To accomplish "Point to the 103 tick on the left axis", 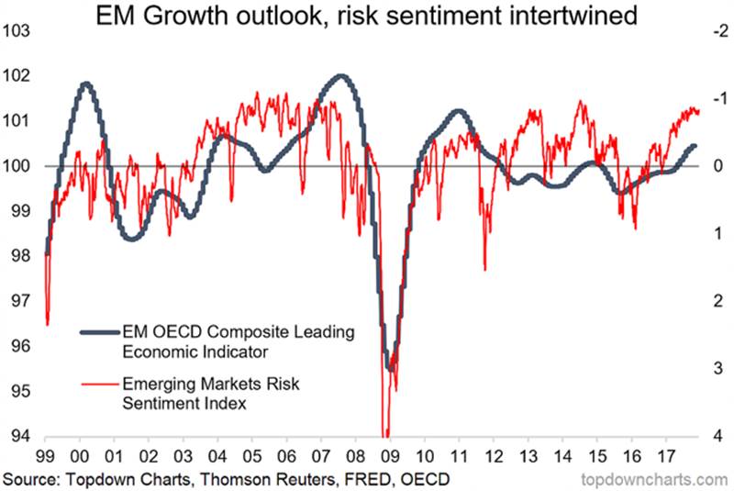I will tap(19, 32).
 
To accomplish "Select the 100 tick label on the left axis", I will tap(19, 167).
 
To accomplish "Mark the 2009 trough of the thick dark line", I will tap(391, 368).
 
